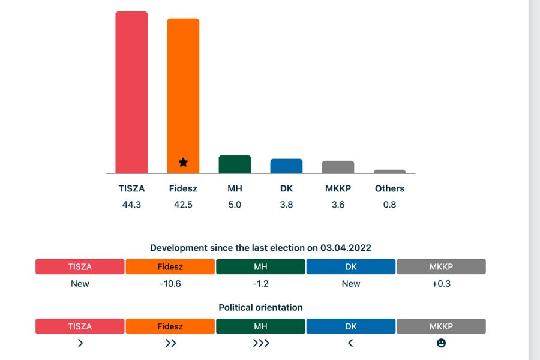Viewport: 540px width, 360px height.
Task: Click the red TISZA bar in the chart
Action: (131, 93)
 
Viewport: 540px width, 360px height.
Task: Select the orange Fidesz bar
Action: (183, 96)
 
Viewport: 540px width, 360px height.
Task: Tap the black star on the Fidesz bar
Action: (183, 162)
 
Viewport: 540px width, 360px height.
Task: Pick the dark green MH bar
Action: (235, 164)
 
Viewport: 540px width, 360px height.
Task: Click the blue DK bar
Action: (286, 166)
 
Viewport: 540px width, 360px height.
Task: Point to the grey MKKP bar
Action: (338, 167)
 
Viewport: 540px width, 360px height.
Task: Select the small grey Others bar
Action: (389, 172)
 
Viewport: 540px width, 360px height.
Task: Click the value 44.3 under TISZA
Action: (131, 205)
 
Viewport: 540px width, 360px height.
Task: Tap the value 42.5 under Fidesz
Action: (183, 205)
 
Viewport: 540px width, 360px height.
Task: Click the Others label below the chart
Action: (389, 188)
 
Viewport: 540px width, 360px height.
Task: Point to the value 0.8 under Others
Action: (389, 205)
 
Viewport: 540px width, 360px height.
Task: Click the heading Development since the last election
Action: (260, 248)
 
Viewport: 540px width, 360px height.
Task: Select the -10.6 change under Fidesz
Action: (170, 283)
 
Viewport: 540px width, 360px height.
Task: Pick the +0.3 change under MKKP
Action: (441, 283)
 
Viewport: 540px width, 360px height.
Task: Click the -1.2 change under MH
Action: (260, 283)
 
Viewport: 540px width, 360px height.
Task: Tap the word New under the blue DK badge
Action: (351, 283)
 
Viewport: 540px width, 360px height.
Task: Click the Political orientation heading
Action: (260, 307)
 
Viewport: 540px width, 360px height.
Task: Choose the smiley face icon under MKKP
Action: (441, 343)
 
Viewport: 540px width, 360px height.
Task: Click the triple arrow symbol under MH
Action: (260, 343)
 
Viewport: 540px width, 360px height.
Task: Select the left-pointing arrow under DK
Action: (351, 343)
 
